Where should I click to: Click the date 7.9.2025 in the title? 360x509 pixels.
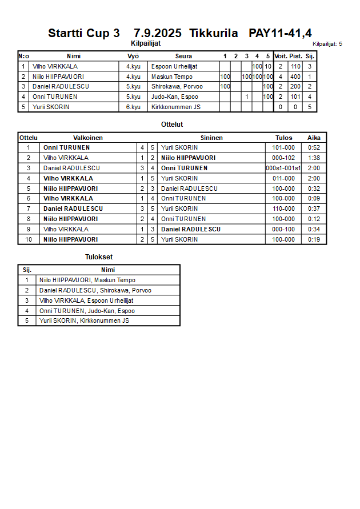[158, 33]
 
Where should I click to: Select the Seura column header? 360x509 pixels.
[183, 56]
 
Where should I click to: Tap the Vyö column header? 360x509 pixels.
[133, 56]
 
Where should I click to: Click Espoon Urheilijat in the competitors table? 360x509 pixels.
[174, 66]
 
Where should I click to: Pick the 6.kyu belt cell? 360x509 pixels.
[133, 107]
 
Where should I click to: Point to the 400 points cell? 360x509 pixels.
[295, 77]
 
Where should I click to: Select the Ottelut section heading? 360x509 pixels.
[172, 124]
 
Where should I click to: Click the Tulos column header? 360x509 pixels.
[283, 138]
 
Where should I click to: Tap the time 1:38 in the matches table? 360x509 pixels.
[314, 158]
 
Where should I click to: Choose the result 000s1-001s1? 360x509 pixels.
[283, 168]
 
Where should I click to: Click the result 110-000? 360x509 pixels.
[283, 209]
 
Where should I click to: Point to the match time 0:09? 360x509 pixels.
[314, 198]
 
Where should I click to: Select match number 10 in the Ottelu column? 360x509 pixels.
[29, 239]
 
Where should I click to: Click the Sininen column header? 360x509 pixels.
[211, 138]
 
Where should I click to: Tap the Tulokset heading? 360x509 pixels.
[99, 257]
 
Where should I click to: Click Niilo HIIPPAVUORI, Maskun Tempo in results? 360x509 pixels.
[87, 280]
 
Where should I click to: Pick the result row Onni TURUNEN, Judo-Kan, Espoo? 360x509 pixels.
[87, 311]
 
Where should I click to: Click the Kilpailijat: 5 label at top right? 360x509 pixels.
[327, 43]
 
